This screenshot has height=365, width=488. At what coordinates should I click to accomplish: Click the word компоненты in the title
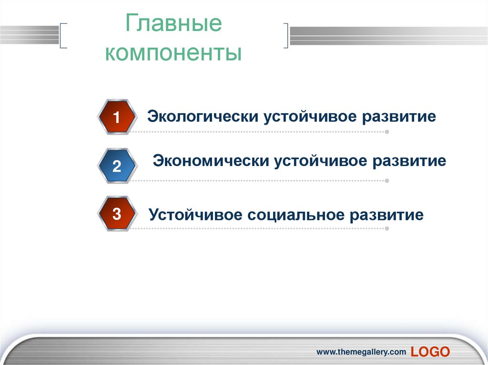pos(173,53)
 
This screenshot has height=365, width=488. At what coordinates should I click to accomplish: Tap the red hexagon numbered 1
pos(116,117)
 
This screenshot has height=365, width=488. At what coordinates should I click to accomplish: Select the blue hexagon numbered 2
pos(117,166)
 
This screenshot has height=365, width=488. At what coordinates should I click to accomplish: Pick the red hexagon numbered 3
pos(117,214)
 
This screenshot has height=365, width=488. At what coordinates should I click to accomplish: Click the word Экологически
pos(203,117)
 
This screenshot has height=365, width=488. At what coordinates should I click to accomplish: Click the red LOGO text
pos(430,352)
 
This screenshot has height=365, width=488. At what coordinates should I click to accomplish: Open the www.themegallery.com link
pos(362,352)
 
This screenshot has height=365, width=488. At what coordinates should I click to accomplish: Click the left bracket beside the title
pos(64,35)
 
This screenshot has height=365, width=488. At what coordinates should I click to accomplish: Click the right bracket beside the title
pos(286,35)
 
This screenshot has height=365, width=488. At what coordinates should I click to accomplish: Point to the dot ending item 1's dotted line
pos(386,132)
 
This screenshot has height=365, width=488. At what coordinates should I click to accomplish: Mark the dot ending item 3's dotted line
pos(386,229)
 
